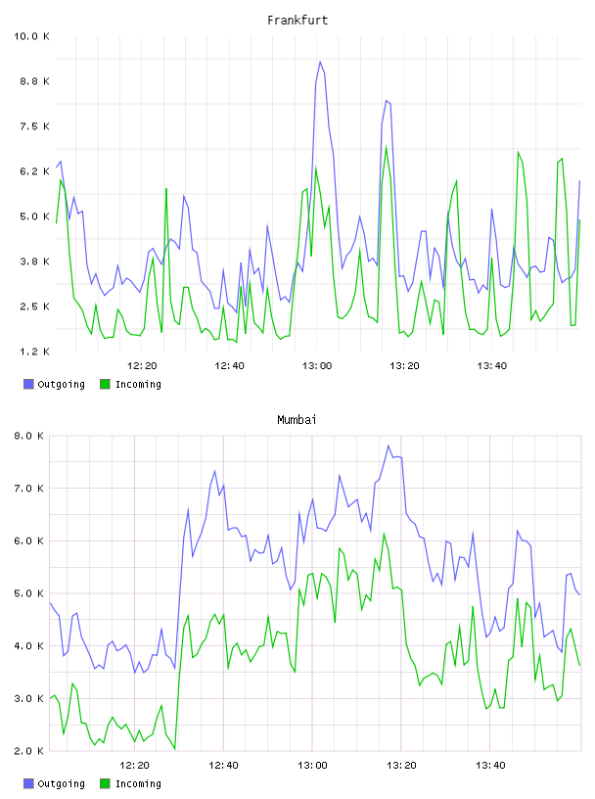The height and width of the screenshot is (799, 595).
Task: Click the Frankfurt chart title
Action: (x=297, y=21)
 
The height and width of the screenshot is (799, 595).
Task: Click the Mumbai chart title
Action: (x=297, y=420)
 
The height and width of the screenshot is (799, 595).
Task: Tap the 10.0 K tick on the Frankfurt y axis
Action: (x=31, y=36)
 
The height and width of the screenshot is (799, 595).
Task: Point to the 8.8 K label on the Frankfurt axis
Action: (x=34, y=81)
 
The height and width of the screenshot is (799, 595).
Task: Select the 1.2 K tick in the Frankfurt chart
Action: (x=34, y=352)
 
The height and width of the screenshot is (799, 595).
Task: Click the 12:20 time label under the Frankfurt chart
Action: (x=142, y=365)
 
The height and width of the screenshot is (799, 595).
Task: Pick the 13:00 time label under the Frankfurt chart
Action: (x=317, y=365)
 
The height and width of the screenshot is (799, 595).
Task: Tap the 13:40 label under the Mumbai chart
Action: (x=490, y=765)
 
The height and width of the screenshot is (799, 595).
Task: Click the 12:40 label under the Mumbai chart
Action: (x=224, y=765)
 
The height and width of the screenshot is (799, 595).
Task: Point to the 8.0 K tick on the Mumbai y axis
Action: (x=28, y=436)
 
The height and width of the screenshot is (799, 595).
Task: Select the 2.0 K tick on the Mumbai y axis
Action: (x=28, y=751)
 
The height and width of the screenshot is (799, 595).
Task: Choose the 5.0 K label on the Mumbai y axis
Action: (x=28, y=593)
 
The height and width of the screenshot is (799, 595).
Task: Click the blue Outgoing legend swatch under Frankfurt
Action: (x=28, y=384)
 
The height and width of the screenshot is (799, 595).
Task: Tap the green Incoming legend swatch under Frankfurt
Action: (x=105, y=384)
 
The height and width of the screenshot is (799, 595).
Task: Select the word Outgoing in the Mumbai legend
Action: (x=61, y=783)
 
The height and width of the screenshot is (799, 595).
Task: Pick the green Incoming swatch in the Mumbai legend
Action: (x=105, y=783)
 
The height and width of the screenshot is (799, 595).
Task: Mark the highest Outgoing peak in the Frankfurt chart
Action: (x=320, y=62)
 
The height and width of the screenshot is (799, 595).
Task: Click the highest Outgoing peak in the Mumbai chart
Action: (x=389, y=446)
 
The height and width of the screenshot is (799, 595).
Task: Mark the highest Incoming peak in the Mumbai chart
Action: (x=384, y=534)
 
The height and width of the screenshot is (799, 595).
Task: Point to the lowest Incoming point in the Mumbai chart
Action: (x=175, y=748)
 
